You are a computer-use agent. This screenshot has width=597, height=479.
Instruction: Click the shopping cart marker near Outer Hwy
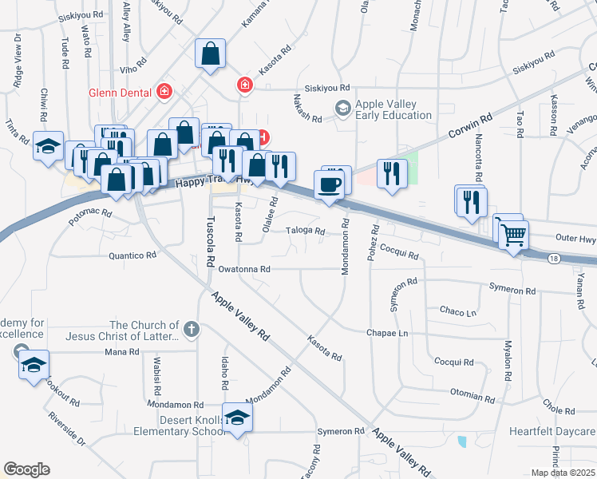(x=513, y=235)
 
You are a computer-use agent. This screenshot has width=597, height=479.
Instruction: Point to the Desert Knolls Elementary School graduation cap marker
(x=237, y=418)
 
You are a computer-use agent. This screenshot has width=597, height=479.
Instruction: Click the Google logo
(x=26, y=469)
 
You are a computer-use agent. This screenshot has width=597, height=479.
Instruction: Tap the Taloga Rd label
(x=306, y=232)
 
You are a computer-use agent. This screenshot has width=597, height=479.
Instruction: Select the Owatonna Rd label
(x=240, y=270)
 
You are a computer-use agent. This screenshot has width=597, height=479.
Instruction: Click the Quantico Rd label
(x=132, y=255)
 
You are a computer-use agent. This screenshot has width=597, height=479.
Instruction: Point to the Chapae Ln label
(x=387, y=332)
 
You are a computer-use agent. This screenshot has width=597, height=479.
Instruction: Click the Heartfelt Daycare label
(x=552, y=432)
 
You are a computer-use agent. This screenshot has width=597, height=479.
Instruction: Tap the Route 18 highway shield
(x=553, y=258)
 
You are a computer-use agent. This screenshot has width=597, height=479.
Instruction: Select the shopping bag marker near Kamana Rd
(x=212, y=55)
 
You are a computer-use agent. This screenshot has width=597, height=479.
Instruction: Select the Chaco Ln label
(x=458, y=311)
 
